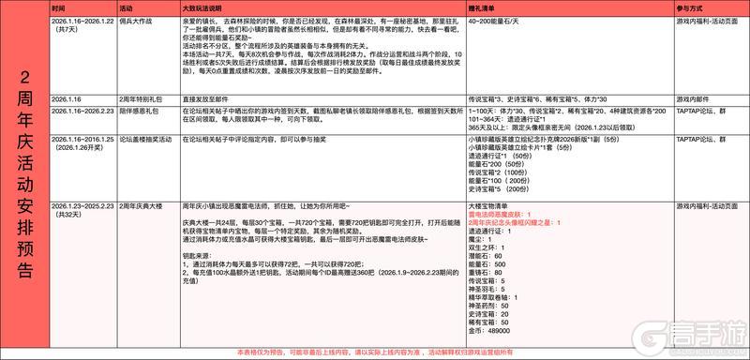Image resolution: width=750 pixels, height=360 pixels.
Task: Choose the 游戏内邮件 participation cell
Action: pyautogui.click(x=695, y=98)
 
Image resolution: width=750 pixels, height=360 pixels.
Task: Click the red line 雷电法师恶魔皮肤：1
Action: pyautogui.click(x=501, y=213)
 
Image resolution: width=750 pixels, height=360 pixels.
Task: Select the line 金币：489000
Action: pyautogui.click(x=488, y=331)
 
